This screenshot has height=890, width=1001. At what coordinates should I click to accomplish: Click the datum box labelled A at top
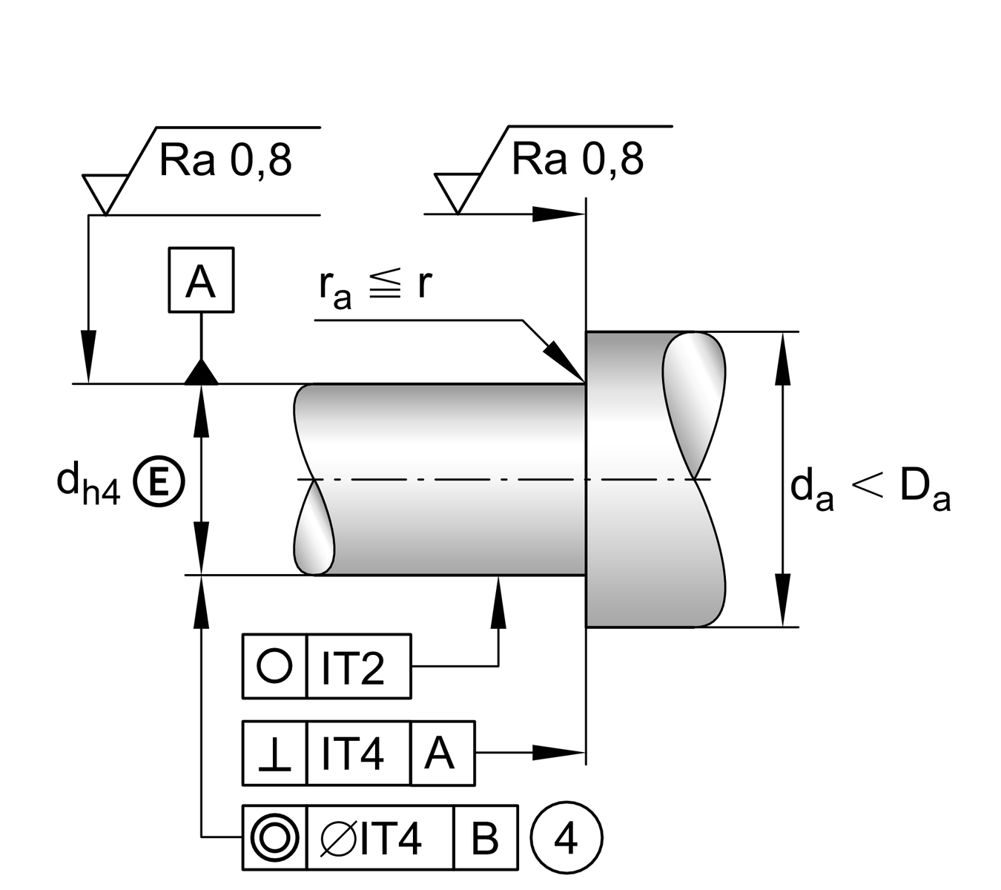click(x=201, y=280)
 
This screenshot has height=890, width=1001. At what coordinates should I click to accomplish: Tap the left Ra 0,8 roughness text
click(x=225, y=160)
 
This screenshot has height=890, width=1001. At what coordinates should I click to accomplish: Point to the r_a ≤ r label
click(x=375, y=286)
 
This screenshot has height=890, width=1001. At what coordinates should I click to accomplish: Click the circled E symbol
click(x=158, y=482)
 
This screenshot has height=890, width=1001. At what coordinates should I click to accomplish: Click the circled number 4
click(x=566, y=838)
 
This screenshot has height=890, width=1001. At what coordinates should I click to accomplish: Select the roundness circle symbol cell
click(x=274, y=666)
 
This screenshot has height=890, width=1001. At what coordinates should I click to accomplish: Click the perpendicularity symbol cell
click(x=274, y=753)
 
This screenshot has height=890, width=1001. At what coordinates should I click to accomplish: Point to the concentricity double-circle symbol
click(x=274, y=838)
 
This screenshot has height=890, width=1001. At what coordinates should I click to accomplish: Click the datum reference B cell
click(x=485, y=838)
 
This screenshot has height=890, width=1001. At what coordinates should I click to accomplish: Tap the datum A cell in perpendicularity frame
click(x=442, y=753)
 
